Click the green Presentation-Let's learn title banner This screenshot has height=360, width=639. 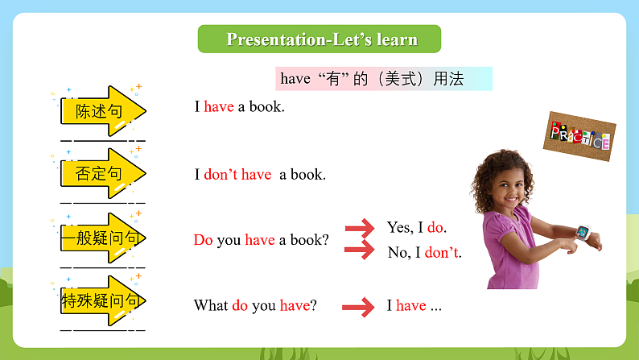(x=319, y=39)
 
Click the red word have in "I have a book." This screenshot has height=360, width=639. (x=219, y=106)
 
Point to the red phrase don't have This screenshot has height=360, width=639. (x=237, y=174)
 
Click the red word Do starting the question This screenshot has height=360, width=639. (x=203, y=239)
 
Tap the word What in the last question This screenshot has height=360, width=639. (x=211, y=305)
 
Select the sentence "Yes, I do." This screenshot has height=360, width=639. (x=416, y=227)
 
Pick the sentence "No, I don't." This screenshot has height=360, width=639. (x=424, y=253)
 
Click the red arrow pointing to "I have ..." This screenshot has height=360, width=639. (x=358, y=306)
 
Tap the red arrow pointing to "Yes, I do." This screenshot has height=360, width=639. (x=360, y=227)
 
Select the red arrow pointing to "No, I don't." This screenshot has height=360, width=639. (x=360, y=250)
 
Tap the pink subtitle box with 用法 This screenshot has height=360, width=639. (x=383, y=79)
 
